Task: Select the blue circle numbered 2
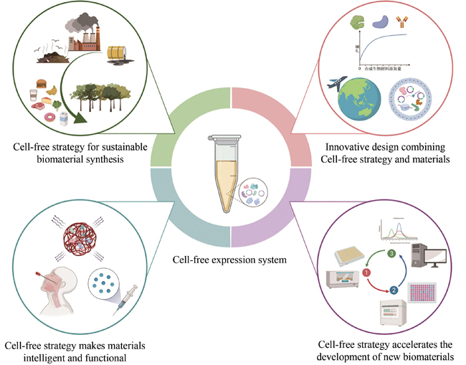[393, 291]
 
